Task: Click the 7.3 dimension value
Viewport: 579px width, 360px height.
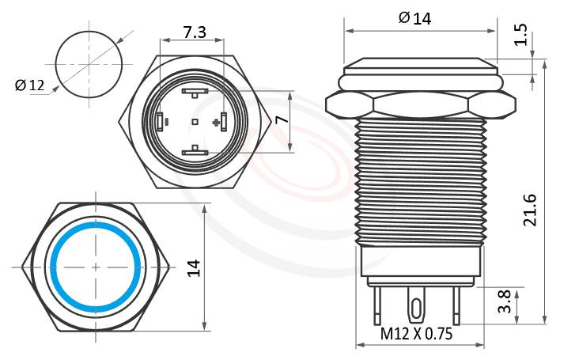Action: tap(195, 32)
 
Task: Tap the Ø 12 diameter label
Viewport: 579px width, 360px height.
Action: tap(30, 85)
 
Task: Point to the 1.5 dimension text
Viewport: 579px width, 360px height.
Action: tap(520, 35)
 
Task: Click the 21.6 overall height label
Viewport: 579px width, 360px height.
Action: tap(531, 209)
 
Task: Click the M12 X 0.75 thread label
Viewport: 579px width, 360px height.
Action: tap(416, 334)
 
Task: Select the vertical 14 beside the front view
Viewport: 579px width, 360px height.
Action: tap(193, 267)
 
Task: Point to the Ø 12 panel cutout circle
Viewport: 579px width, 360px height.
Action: tap(89, 63)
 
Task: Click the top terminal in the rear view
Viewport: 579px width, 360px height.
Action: tap(195, 93)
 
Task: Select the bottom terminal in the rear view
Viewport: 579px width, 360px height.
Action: tap(195, 151)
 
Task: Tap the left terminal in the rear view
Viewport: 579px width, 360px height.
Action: tap(161, 121)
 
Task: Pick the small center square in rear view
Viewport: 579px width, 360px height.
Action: tap(195, 122)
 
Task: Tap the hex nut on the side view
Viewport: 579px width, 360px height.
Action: tap(419, 104)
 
